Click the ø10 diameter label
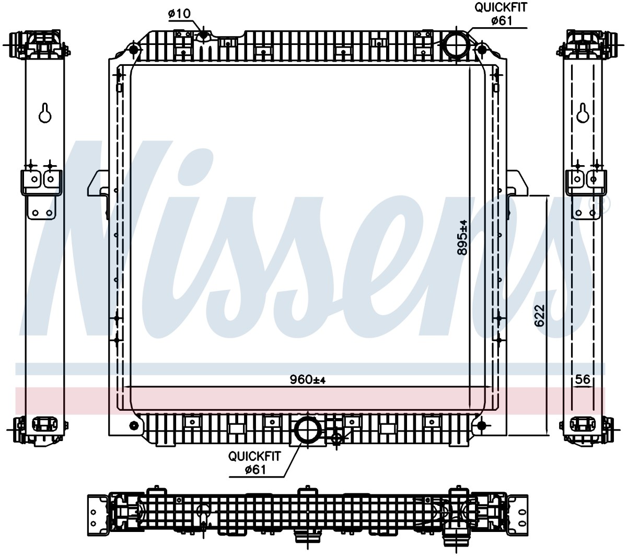179,14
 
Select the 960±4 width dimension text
308,379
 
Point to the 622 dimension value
539,316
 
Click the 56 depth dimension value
583,379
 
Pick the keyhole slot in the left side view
45,113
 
